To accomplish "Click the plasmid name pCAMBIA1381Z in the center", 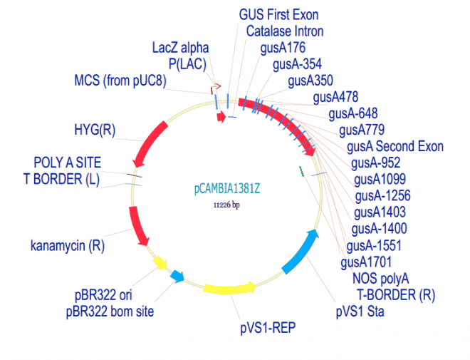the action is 227,189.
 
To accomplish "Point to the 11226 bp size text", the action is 226,205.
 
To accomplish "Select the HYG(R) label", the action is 95,130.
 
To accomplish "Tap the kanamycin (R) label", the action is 68,246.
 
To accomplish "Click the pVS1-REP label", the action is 268,328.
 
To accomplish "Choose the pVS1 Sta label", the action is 360,312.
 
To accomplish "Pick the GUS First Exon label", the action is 278,15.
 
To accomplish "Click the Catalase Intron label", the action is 285,31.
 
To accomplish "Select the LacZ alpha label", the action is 180,48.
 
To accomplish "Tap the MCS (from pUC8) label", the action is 120,81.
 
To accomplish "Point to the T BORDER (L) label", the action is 61,180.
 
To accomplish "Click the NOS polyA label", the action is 381,279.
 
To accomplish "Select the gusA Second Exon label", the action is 395,147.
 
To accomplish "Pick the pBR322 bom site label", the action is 110,312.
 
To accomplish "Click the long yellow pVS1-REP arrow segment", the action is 229,289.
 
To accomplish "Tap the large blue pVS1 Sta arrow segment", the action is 301,252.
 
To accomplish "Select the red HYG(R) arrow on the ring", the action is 149,144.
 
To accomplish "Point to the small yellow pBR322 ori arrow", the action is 160,263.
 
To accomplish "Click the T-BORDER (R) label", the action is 396,295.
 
